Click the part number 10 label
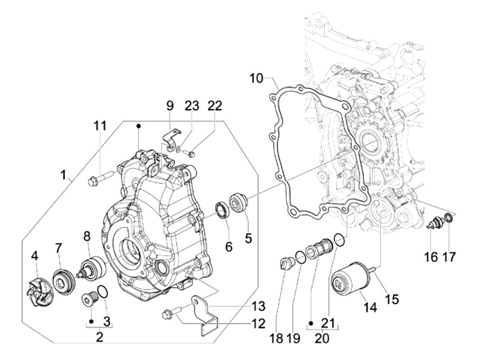[257, 78]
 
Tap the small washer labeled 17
[449, 218]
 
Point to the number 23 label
[192, 105]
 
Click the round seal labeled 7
[65, 280]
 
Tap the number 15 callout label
[392, 299]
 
